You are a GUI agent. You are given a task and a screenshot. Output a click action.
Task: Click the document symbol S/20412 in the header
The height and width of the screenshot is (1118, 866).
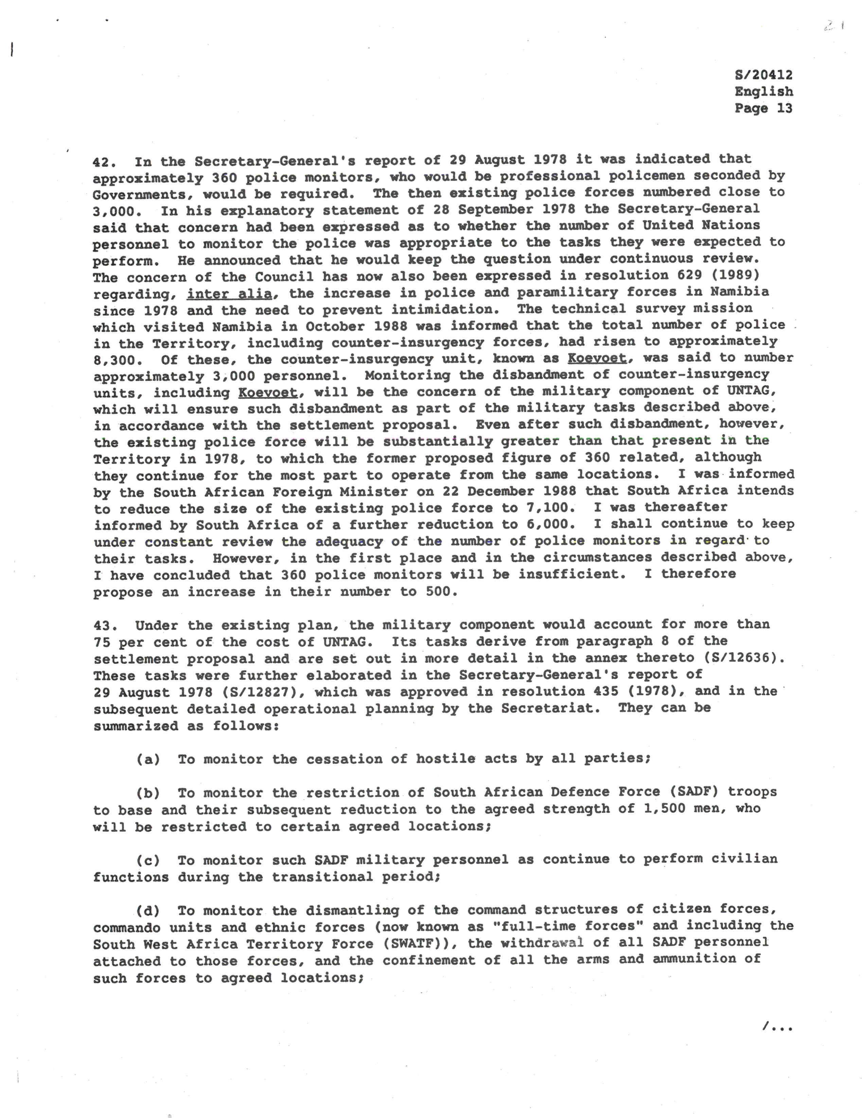[763, 75]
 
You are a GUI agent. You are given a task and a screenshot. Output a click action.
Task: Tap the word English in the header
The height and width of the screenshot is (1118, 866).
[764, 92]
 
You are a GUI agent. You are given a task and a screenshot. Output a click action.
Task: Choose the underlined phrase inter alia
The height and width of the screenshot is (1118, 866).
[229, 294]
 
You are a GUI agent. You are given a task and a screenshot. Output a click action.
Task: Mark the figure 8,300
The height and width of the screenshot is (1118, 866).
[118, 360]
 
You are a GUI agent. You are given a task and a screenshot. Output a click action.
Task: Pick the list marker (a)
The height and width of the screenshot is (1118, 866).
[148, 760]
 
